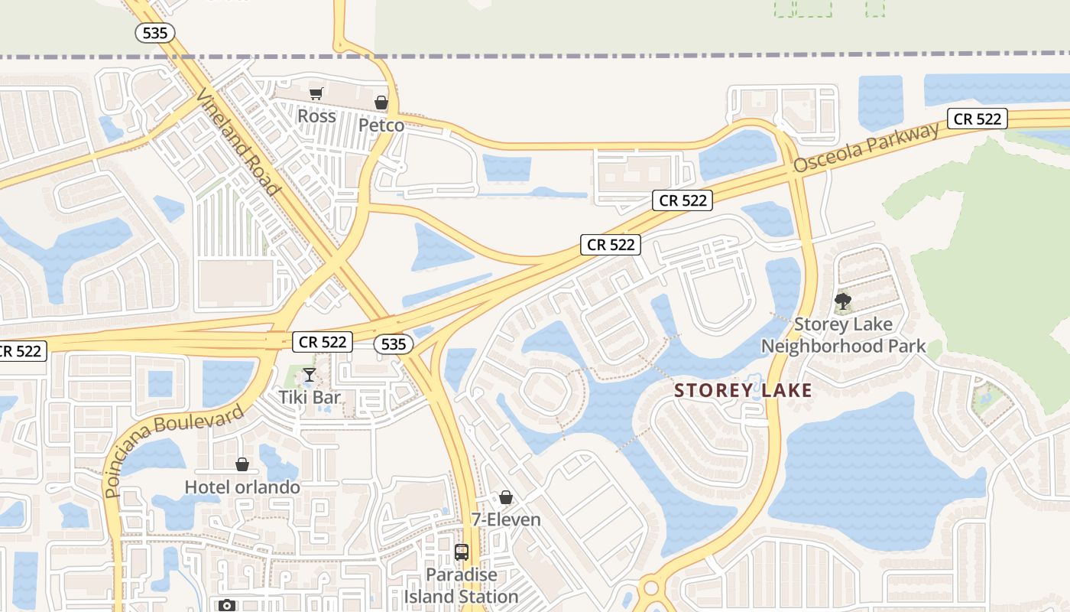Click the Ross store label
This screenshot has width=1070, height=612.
click(316, 116)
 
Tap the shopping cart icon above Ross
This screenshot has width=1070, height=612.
click(316, 94)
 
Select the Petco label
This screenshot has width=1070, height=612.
click(381, 125)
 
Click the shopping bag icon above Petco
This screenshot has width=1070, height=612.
click(381, 103)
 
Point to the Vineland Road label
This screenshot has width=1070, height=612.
click(236, 142)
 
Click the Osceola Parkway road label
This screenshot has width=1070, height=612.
click(866, 147)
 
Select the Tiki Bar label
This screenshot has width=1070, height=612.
click(309, 397)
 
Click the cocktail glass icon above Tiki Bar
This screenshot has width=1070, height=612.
click(309, 375)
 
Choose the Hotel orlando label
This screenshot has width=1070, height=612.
click(242, 487)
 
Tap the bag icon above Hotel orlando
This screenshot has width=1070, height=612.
click(242, 464)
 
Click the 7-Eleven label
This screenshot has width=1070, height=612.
click(505, 519)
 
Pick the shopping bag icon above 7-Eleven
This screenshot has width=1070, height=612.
click(505, 498)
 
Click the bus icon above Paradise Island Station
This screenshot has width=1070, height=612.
click(461, 552)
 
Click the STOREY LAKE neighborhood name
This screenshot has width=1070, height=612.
click(743, 391)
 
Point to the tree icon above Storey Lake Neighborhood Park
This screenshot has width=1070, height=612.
click(843, 301)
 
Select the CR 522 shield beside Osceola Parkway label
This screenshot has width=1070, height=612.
click(978, 119)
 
